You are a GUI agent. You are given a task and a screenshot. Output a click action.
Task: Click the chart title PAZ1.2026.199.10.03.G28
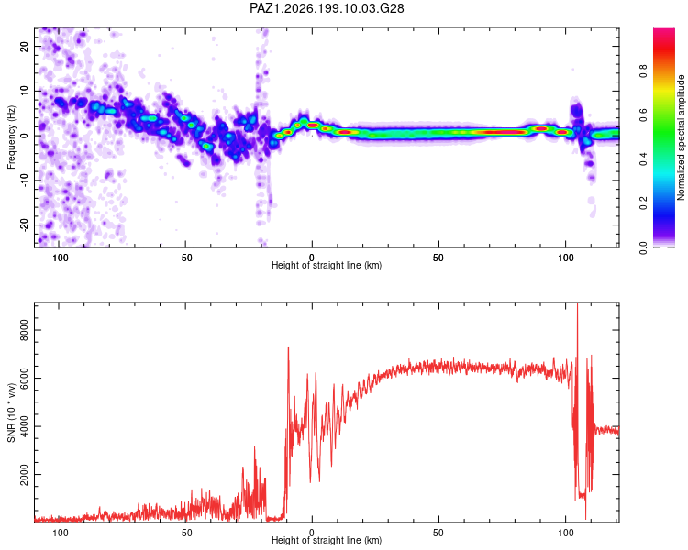tap(327, 8)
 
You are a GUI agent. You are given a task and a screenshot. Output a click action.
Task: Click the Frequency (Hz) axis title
tap(11, 137)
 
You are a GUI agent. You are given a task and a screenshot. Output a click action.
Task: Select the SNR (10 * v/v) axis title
tap(11, 412)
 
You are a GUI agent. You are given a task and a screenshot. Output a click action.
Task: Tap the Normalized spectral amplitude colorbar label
tap(681, 137)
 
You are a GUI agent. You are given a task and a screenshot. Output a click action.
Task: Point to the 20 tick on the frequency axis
tap(24, 46)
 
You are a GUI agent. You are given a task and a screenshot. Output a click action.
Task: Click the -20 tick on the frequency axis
tap(24, 225)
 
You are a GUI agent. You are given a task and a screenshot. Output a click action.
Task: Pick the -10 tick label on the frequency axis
tap(24, 181)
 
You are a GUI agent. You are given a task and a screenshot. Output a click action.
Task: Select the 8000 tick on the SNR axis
tap(24, 330)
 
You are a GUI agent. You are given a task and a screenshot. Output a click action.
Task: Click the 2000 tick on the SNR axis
tap(24, 474)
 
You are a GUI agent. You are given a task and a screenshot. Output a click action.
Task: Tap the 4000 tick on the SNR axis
tap(24, 426)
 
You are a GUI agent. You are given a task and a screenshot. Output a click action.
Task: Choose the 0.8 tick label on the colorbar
tap(643, 71)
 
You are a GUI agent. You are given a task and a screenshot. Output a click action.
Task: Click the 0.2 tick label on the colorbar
tap(643, 203)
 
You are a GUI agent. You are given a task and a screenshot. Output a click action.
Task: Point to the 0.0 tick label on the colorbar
tap(643, 247)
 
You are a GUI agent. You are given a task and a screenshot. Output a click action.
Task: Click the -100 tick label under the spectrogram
tap(59, 258)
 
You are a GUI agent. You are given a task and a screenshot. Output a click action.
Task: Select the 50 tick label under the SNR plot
tap(438, 533)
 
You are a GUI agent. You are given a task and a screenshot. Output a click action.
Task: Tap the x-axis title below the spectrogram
tap(327, 265)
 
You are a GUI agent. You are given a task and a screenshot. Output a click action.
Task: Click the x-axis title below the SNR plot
tap(327, 540)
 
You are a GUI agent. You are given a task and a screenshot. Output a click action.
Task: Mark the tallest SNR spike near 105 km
tap(577, 303)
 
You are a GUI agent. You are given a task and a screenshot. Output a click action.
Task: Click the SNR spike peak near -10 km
tap(288, 347)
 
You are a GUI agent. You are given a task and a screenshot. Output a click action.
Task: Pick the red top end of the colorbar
tap(664, 30)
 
